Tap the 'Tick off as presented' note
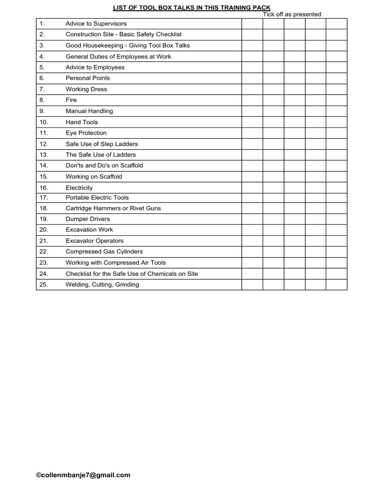click(x=292, y=14)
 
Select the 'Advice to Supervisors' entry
click(x=96, y=23)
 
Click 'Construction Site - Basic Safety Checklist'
click(x=124, y=34)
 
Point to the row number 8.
click(x=42, y=100)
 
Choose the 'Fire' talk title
click(x=71, y=100)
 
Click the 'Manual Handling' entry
click(x=89, y=111)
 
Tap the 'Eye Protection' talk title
click(x=86, y=133)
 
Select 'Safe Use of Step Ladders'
click(x=102, y=144)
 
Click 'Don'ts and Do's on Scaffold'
click(x=104, y=166)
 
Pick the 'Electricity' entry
click(x=79, y=187)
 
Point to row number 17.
click(x=43, y=198)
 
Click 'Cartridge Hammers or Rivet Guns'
click(x=113, y=208)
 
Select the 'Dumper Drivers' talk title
click(x=88, y=219)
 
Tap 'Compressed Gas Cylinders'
click(x=104, y=251)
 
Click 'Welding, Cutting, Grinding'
click(x=103, y=285)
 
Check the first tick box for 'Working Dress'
click(x=252, y=89)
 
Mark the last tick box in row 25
click(x=336, y=285)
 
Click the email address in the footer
click(x=83, y=475)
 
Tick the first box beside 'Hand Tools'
click(x=252, y=122)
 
